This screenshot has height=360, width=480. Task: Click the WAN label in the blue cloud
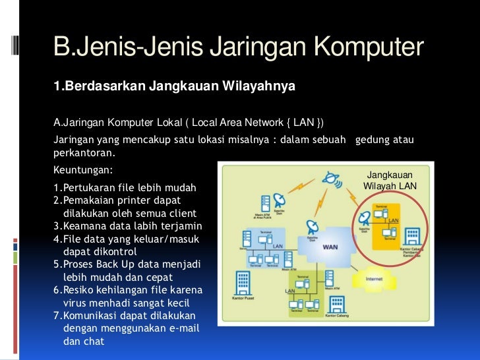point(330,247)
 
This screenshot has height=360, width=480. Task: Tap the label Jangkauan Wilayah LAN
point(390,181)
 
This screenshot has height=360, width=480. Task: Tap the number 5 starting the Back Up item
point(56,264)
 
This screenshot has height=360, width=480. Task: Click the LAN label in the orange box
point(393,220)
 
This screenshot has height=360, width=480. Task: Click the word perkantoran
point(84,153)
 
